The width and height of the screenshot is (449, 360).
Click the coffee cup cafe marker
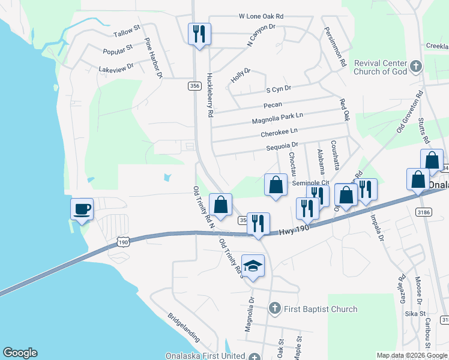tap(82, 209)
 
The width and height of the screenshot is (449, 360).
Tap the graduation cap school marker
tap(253, 266)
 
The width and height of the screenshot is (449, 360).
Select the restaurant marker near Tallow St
tap(199, 34)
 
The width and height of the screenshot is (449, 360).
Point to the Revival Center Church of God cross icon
tap(415, 67)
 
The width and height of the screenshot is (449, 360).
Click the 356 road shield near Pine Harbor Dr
tap(194, 86)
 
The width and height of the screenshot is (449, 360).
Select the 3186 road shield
tap(422, 212)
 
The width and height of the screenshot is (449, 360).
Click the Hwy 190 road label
tap(295, 230)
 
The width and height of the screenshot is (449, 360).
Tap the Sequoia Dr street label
tap(282, 146)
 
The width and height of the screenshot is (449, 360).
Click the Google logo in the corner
tap(20, 353)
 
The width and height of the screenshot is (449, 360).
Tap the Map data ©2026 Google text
tap(412, 355)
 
